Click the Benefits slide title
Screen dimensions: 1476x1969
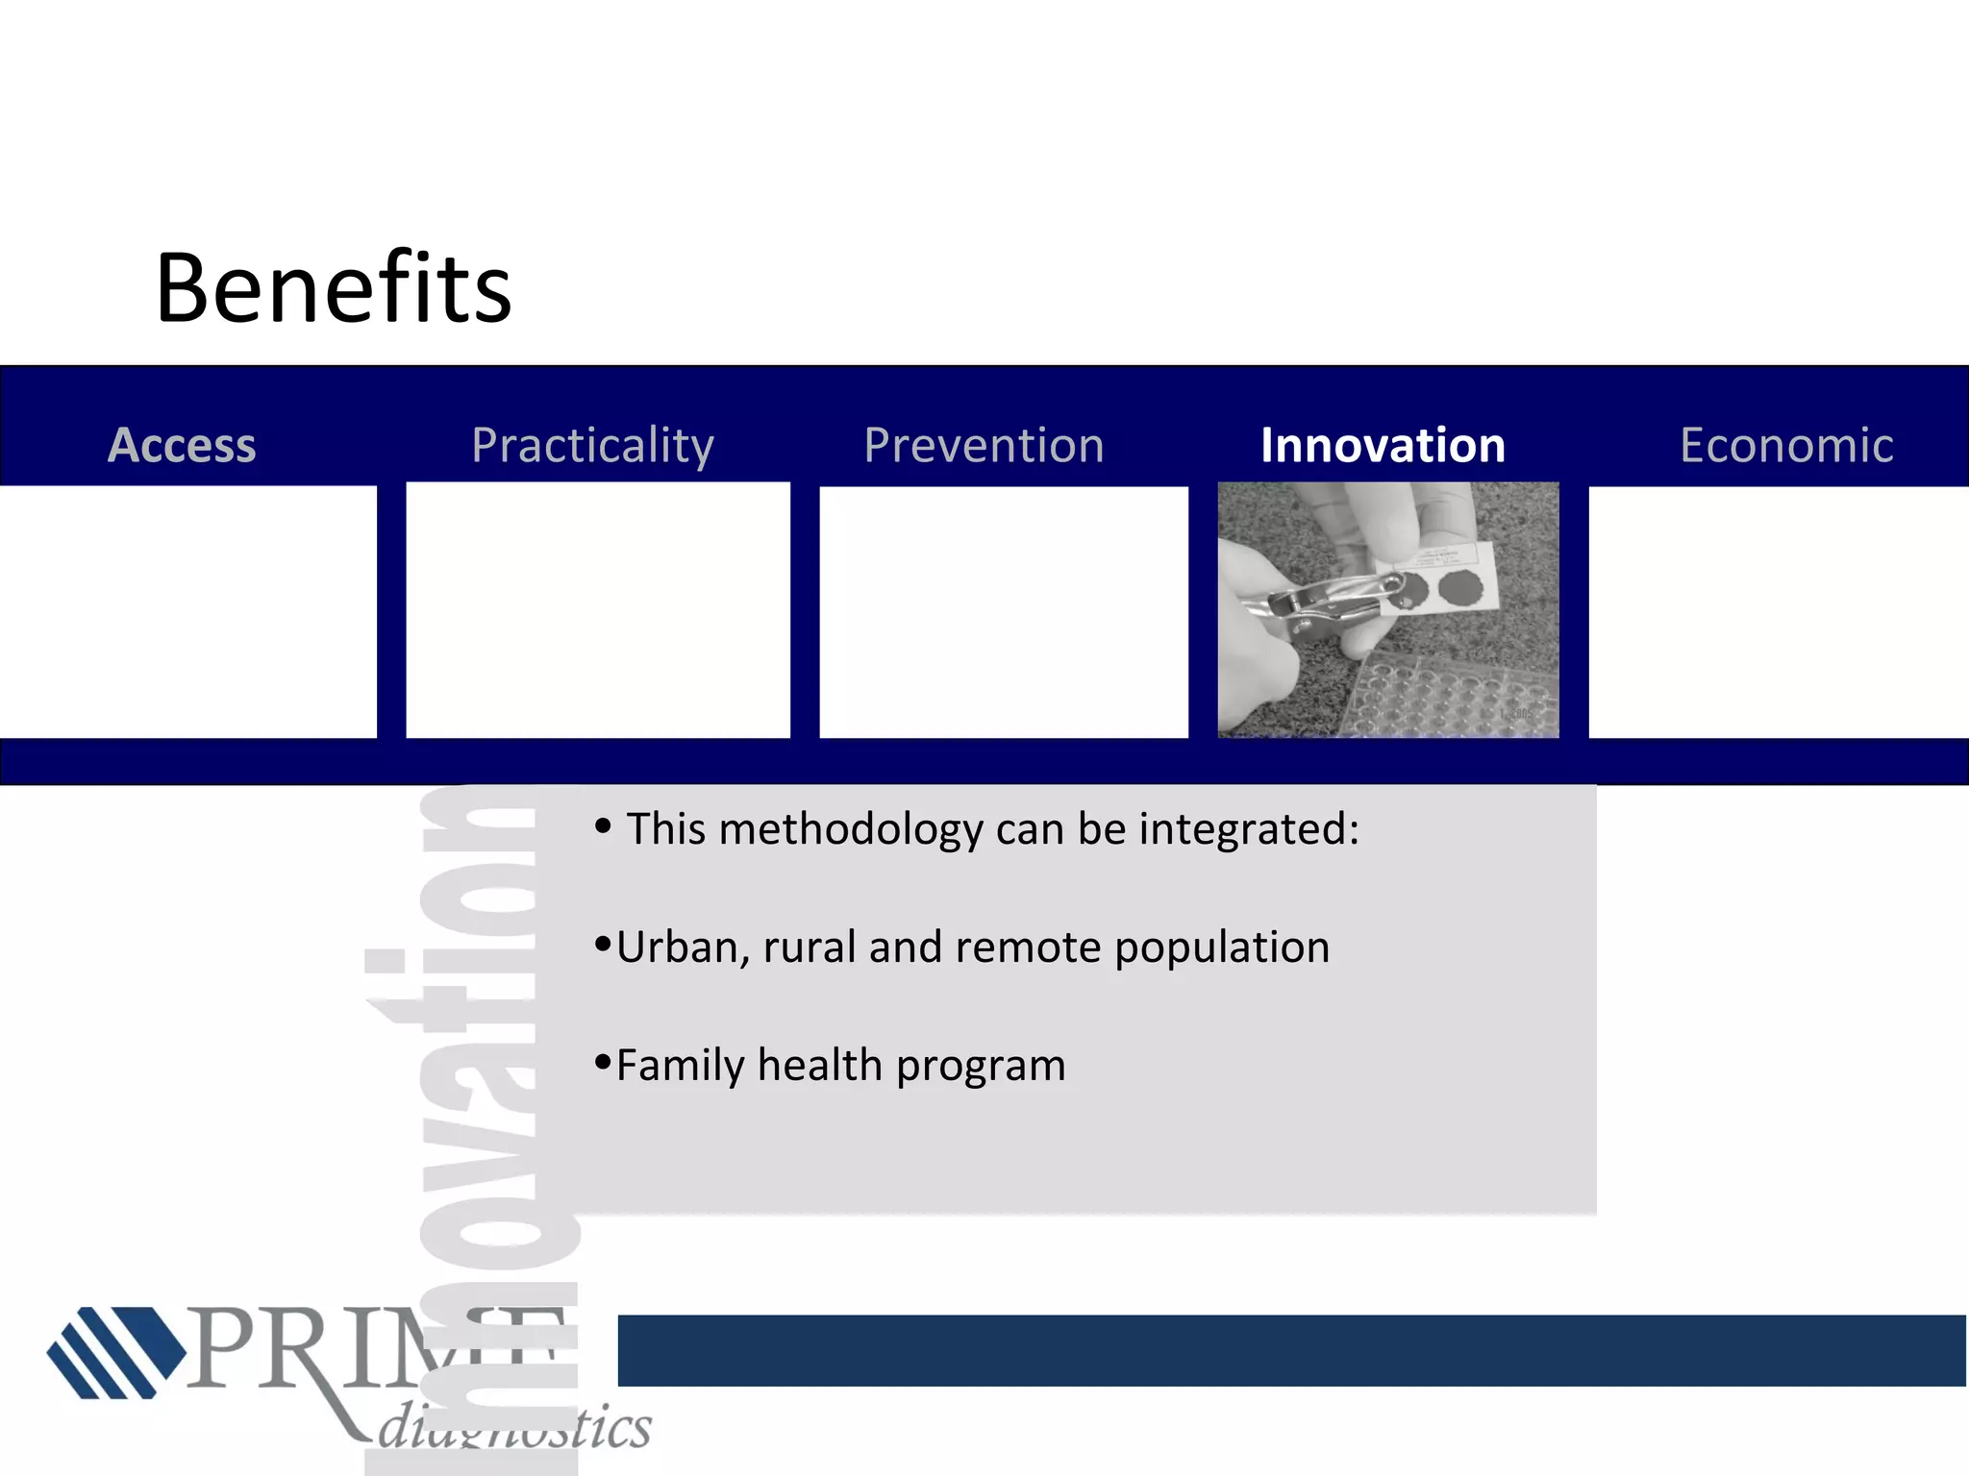[x=333, y=288]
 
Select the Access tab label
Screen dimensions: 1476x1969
[x=183, y=445]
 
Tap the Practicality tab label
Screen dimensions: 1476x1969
[x=592, y=445]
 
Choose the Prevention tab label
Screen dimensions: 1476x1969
[x=984, y=445]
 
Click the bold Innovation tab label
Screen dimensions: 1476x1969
[x=1383, y=445]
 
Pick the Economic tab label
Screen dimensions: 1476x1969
[x=1786, y=445]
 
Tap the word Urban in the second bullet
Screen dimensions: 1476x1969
[x=677, y=947]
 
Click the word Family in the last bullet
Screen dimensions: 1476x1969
[x=680, y=1065]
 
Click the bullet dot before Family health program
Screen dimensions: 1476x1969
[x=603, y=1061]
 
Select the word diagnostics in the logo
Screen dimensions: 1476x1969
[x=514, y=1427]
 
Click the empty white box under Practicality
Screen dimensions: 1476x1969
[x=597, y=610]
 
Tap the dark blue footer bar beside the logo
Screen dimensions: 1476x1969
[x=1288, y=1350]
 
